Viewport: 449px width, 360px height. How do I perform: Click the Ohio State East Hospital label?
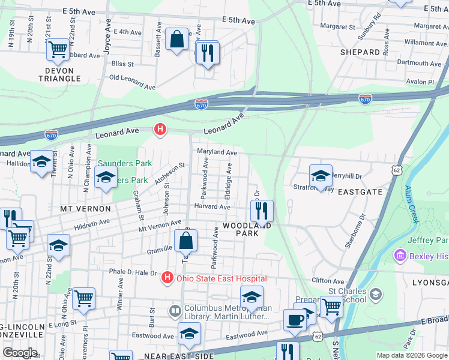[x=220, y=278]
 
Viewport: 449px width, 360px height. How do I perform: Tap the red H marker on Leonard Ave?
[x=160, y=128]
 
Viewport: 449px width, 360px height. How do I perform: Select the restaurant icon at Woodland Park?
[x=262, y=211]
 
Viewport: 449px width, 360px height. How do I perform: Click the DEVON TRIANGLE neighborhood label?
[x=59, y=74]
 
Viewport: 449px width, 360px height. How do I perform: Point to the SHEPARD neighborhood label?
[x=360, y=52]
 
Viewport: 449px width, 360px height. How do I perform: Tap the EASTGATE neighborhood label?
[x=360, y=192]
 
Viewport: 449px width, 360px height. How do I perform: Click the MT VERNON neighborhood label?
[x=85, y=208]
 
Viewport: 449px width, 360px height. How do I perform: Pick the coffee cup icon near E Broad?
[x=295, y=319]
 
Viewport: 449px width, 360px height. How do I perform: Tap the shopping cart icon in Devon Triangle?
[x=58, y=50]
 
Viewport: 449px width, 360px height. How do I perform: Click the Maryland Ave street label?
[x=217, y=153]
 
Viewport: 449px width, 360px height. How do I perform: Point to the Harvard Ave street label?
[x=212, y=207]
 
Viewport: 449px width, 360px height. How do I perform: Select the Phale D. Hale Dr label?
[x=133, y=271]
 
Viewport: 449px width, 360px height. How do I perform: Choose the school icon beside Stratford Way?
[x=321, y=176]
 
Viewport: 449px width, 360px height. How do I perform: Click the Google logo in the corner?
[x=20, y=353]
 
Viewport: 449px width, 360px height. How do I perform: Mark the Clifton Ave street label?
[x=328, y=281]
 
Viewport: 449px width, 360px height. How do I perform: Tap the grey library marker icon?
[x=175, y=311]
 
